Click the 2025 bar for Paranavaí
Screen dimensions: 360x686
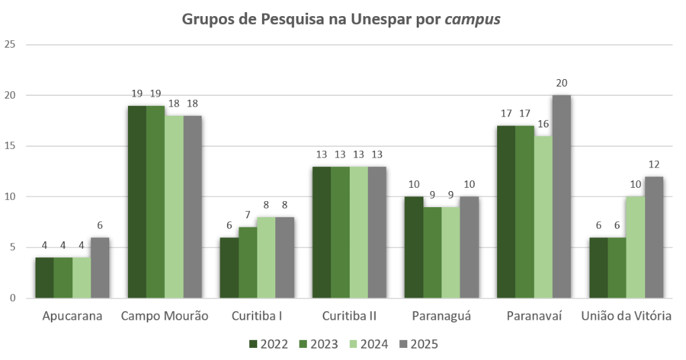tap(561, 196)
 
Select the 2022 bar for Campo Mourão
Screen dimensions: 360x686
tap(137, 202)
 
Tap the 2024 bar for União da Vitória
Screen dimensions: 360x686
tap(635, 247)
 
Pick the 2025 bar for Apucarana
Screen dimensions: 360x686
tap(100, 267)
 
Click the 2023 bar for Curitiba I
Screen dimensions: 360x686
tap(248, 262)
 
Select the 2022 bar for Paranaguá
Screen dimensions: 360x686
tap(414, 247)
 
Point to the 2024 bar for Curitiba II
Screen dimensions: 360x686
tap(358, 232)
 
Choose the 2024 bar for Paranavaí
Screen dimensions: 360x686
tap(543, 217)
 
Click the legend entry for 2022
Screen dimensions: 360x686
tap(269, 345)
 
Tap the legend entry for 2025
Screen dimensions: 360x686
tap(417, 345)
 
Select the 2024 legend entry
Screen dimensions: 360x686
tap(368, 345)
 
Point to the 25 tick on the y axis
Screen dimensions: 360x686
tap(11, 45)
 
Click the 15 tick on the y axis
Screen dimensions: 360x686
tap(11, 146)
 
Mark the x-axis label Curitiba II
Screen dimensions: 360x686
tap(349, 316)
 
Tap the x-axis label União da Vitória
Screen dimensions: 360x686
tap(626, 316)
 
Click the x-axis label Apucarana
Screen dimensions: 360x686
tap(72, 316)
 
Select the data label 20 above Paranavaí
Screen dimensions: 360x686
tap(561, 83)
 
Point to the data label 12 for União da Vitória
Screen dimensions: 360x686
tap(654, 164)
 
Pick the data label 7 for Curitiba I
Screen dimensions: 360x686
tap(248, 215)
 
